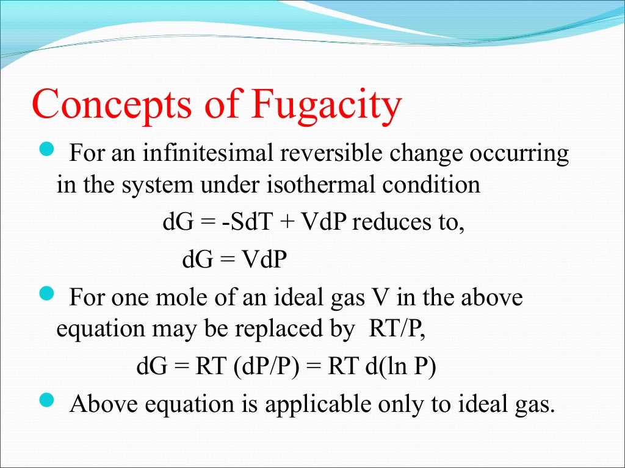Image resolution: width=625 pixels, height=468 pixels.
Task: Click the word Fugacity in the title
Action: (327, 105)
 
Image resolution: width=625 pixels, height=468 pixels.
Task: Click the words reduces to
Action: (408, 222)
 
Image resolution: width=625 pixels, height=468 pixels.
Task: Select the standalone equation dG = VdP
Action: (234, 260)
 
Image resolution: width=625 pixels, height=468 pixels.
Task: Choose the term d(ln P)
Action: (400, 367)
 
